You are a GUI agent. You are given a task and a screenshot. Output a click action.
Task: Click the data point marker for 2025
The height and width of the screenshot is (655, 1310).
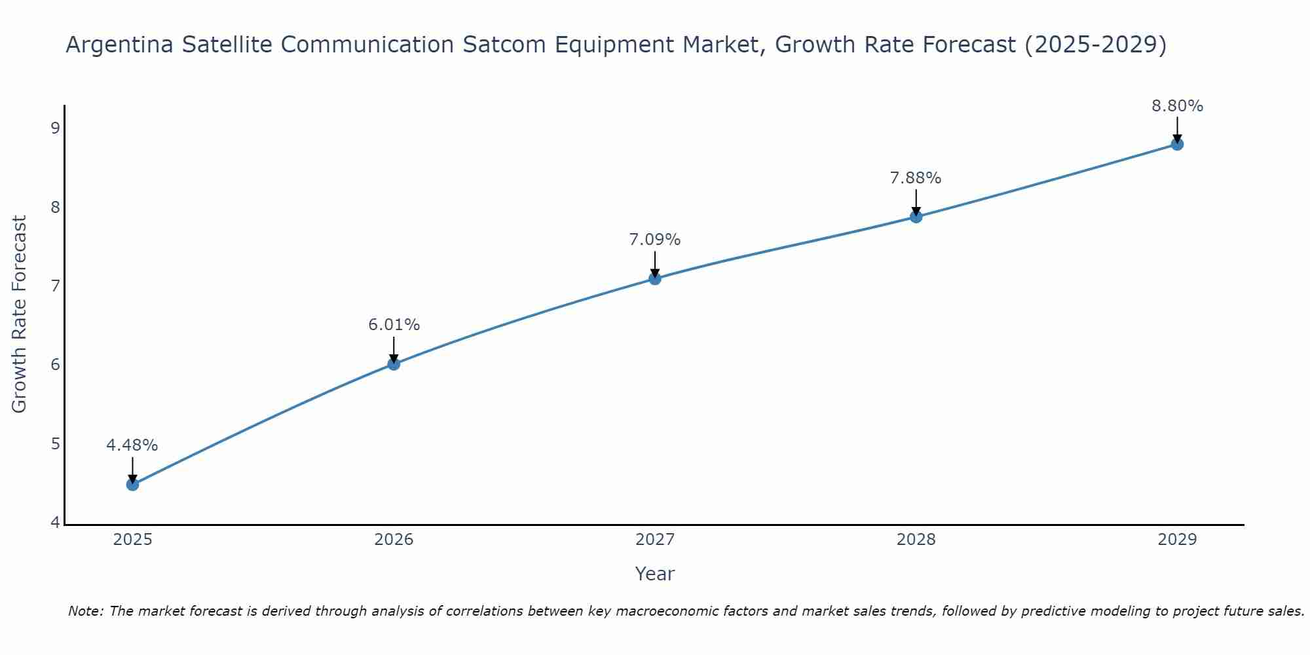[132, 485]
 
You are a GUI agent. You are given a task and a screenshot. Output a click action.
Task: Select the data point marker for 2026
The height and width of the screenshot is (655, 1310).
[394, 364]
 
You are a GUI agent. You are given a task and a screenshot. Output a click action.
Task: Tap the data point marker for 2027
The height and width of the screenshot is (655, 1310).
[654, 278]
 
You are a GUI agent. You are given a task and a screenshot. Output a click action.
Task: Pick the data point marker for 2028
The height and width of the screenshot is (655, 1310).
[916, 216]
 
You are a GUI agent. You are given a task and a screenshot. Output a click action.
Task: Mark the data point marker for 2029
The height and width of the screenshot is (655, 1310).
[1177, 144]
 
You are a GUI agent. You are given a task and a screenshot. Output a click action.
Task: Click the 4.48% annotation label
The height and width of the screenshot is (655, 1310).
[132, 445]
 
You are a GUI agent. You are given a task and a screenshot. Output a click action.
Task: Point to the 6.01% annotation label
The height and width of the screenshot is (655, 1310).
[394, 325]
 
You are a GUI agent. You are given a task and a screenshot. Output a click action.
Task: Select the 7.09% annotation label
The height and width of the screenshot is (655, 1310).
[654, 240]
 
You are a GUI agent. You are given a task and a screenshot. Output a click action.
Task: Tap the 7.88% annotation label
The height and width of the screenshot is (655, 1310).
[916, 178]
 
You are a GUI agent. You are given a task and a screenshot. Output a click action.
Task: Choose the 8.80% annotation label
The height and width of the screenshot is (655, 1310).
[1177, 106]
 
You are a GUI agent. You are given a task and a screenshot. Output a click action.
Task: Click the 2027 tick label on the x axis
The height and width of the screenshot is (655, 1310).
[654, 540]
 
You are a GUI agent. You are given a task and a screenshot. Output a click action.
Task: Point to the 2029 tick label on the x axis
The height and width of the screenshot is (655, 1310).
[1177, 540]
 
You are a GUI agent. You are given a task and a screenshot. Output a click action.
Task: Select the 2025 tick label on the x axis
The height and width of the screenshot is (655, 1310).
[132, 540]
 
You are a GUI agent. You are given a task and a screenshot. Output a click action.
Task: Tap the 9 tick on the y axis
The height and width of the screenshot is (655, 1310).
[55, 128]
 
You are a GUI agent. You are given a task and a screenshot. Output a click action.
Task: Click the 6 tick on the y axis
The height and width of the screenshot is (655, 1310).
[55, 365]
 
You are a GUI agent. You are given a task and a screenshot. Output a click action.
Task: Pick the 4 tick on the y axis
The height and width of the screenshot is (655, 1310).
[55, 523]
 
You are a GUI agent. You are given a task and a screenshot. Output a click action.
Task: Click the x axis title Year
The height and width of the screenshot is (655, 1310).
[654, 574]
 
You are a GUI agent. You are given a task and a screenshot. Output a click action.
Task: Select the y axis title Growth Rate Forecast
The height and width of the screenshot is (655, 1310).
[20, 314]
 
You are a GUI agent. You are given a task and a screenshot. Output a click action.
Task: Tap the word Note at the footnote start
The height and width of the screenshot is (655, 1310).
[85, 611]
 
